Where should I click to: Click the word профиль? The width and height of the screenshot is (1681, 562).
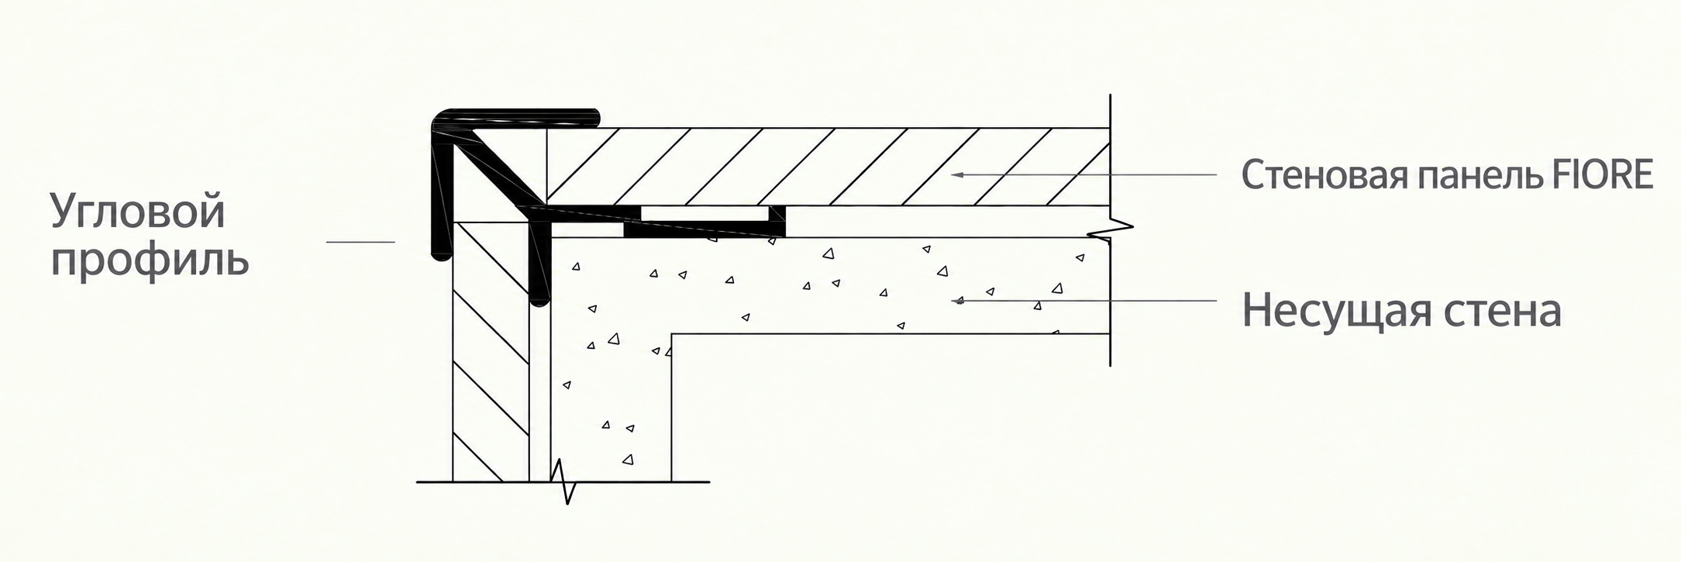pos(150,260)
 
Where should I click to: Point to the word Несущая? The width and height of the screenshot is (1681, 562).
pos(1335,311)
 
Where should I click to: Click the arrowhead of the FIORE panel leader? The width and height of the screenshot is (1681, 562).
pos(958,174)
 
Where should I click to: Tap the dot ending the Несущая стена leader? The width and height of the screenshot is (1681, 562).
pos(960,301)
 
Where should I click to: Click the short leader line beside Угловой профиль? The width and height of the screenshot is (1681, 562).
pos(360,242)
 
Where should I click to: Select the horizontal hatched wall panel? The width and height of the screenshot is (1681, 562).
pos(828,167)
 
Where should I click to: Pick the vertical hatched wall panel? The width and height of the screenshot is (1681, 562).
pos(491,351)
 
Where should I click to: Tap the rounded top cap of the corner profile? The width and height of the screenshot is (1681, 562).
pos(516,119)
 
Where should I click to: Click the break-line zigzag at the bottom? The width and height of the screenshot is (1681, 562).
pos(563,481)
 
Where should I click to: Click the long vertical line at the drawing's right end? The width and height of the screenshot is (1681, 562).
pos(1111,229)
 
